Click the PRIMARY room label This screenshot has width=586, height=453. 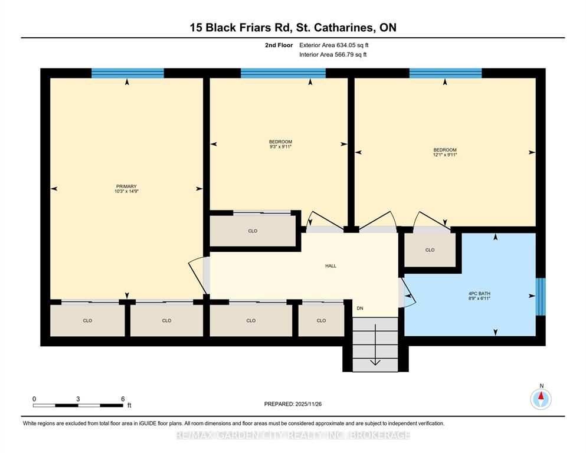click(x=126, y=186)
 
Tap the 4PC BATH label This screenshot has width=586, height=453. click(x=479, y=294)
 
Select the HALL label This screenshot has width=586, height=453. click(x=330, y=266)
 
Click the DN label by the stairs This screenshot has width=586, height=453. click(x=360, y=308)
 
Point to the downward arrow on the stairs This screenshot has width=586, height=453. click(x=375, y=344)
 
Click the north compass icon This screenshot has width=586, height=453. click(x=541, y=399)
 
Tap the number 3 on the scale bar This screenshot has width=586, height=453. click(x=78, y=399)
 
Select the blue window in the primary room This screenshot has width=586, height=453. click(x=127, y=73)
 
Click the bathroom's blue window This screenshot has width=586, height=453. click(x=541, y=297)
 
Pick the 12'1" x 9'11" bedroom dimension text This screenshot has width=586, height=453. click(x=445, y=155)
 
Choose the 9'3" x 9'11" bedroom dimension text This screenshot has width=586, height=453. click(x=280, y=147)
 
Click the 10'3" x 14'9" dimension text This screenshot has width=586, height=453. click(x=126, y=191)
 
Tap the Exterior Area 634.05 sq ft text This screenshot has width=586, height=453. click(x=334, y=45)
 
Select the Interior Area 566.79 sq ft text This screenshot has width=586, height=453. click(x=333, y=54)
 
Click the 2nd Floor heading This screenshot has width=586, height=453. click(x=279, y=45)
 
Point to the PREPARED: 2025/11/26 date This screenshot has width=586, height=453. click(x=293, y=404)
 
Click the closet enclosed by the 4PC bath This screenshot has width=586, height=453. click(x=430, y=250)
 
